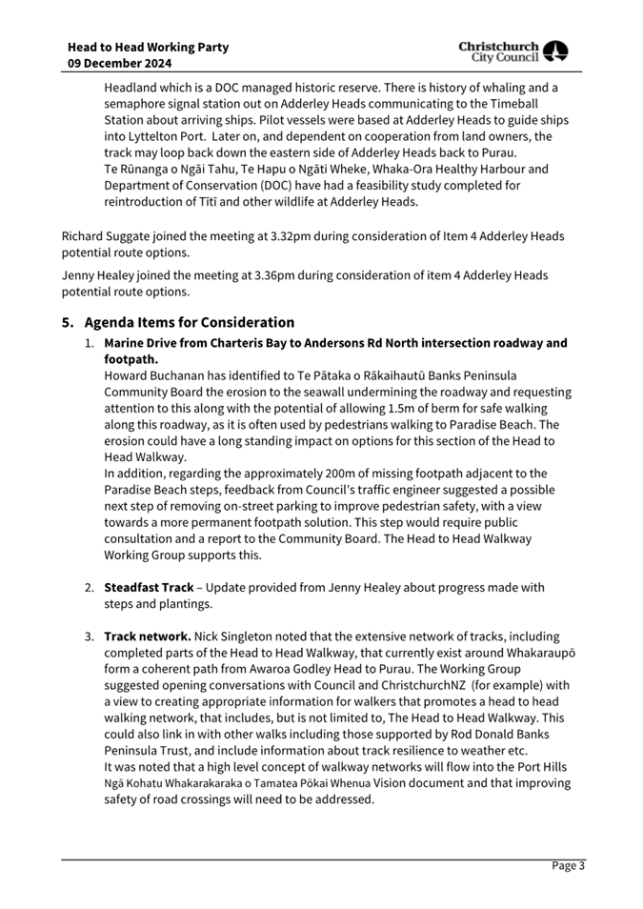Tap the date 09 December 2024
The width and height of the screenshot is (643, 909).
[x=120, y=63]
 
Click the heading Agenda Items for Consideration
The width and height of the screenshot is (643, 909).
[x=190, y=322]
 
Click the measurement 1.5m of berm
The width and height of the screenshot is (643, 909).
[x=408, y=408]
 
